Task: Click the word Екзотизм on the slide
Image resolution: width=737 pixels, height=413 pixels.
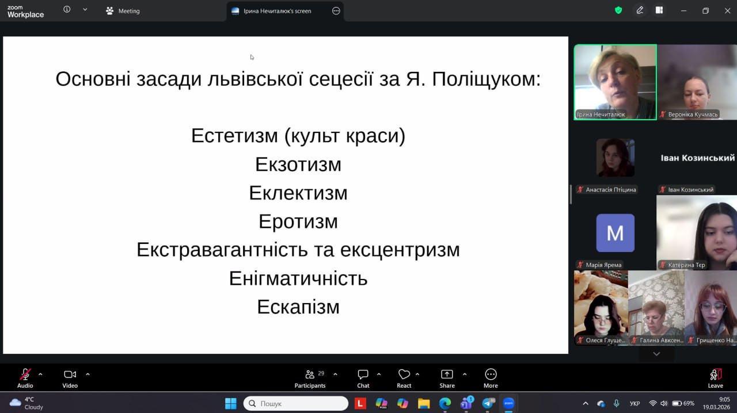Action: pyautogui.click(x=298, y=165)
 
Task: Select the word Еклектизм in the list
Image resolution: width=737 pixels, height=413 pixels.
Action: pyautogui.click(x=298, y=193)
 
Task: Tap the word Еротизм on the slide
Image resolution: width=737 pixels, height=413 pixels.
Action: pyautogui.click(x=298, y=221)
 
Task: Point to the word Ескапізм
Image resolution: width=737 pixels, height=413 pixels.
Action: pyautogui.click(x=298, y=307)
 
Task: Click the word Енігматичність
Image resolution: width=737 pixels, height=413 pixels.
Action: pyautogui.click(x=298, y=278)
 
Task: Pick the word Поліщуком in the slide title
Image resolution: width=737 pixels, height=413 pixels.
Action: pyautogui.click(x=487, y=79)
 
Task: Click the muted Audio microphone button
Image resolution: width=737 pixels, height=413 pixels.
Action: pyautogui.click(x=25, y=378)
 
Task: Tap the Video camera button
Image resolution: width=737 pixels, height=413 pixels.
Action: pyautogui.click(x=70, y=378)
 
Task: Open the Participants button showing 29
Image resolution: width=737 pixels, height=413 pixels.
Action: pyautogui.click(x=310, y=378)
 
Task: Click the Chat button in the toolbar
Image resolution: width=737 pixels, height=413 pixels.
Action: pyautogui.click(x=363, y=378)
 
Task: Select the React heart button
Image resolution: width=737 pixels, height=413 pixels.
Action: pyautogui.click(x=404, y=378)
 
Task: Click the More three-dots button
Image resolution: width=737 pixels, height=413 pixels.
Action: pyautogui.click(x=491, y=378)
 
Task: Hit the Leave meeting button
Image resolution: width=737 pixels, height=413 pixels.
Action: pyautogui.click(x=715, y=378)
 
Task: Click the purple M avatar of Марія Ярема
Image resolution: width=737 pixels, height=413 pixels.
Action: pyautogui.click(x=616, y=233)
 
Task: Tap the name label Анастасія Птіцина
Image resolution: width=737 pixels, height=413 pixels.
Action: pyautogui.click(x=611, y=190)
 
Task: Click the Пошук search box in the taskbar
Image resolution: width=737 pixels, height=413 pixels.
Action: pyautogui.click(x=295, y=403)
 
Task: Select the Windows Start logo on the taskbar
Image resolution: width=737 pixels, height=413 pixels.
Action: pyautogui.click(x=231, y=403)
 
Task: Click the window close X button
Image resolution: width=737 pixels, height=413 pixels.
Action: pyautogui.click(x=727, y=11)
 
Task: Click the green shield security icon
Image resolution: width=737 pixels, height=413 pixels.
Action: pyautogui.click(x=618, y=10)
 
